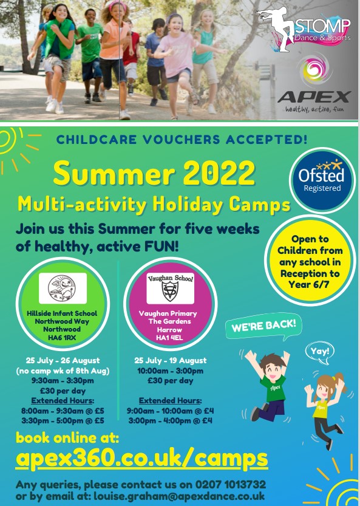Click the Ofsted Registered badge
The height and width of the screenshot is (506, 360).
[322, 180]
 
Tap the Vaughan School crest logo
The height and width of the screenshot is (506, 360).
[170, 288]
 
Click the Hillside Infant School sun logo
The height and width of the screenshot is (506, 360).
[63, 288]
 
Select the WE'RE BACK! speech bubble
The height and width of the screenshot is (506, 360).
[263, 327]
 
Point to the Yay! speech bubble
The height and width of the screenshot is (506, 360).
[320, 352]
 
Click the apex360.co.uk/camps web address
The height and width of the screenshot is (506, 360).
[141, 459]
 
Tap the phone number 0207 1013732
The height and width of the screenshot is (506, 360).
[230, 484]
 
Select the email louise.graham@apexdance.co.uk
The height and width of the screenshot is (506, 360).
[179, 496]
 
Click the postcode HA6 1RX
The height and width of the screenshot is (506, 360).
[61, 338]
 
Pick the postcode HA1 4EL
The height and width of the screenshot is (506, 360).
[169, 338]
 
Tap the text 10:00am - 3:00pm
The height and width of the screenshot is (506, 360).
[171, 371]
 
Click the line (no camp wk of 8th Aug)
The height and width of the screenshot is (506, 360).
[63, 371]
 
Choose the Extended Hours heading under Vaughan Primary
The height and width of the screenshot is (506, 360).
[171, 400]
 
